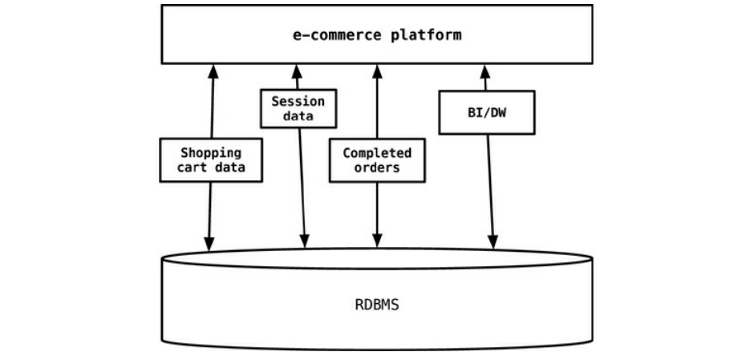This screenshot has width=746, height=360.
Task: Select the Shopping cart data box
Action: point(210,160)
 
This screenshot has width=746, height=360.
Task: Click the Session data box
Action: point(298,108)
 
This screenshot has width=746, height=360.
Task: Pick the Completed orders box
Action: point(377,160)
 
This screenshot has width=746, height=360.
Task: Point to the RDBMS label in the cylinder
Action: point(376,305)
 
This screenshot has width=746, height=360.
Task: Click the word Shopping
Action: point(210,152)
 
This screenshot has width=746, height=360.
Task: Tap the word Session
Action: point(298,101)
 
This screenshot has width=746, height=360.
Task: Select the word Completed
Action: point(377,152)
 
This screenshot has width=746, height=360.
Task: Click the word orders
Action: point(377,168)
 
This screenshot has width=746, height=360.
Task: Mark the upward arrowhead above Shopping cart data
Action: point(213,71)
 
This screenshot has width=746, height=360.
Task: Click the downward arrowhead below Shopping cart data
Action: point(209,242)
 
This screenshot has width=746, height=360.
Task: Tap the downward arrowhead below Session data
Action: point(304,242)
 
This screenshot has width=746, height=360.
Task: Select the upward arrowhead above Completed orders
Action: point(377,71)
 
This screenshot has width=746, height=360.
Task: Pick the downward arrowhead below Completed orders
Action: point(377,242)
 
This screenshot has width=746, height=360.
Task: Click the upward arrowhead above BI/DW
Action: point(484,71)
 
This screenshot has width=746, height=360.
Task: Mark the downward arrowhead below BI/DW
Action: point(493,242)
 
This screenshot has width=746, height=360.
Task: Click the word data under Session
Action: point(298,116)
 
